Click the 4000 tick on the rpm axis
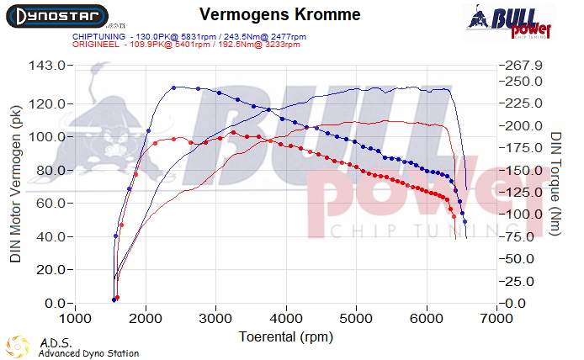pyautogui.click(x=287, y=320)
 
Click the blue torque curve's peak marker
pyautogui.click(x=173, y=87)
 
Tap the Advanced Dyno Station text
pyautogui.click(x=88, y=353)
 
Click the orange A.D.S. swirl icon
pyautogui.click(x=19, y=346)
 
